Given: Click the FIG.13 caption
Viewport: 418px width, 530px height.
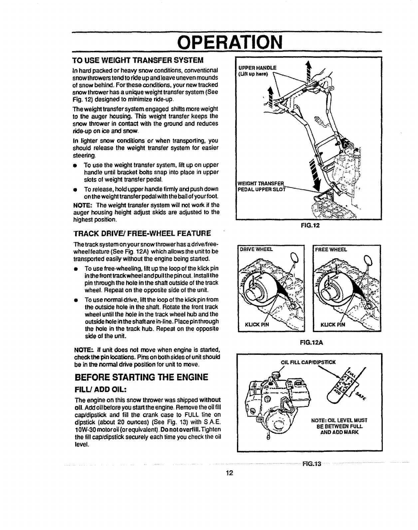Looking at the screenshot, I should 311,464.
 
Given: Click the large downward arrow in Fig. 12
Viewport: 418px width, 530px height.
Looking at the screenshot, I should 314,175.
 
